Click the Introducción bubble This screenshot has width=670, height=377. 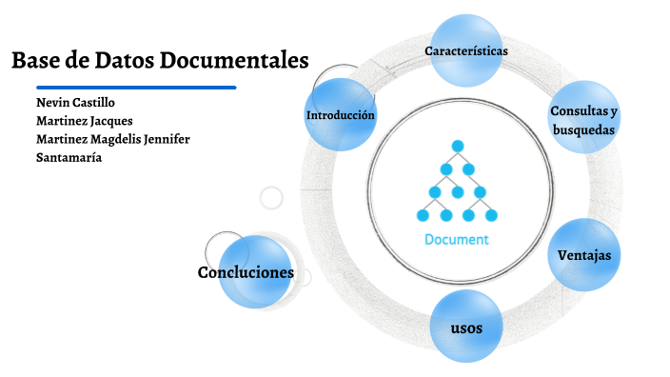[x=340, y=115]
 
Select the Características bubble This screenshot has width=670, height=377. [x=465, y=50]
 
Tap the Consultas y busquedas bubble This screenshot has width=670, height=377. [x=584, y=120]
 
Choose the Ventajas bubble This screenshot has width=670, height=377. [x=583, y=255]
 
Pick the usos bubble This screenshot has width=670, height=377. [x=465, y=327]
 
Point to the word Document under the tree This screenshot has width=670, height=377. [x=456, y=240]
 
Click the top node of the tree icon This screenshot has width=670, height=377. [x=457, y=146]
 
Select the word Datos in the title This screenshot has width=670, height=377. [x=123, y=61]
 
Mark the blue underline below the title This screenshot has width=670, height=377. [x=124, y=88]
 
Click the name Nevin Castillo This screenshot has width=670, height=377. [x=75, y=103]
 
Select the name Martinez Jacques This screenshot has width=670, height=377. [x=84, y=121]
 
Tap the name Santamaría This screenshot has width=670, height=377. [x=69, y=157]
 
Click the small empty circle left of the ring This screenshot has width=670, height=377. [x=271, y=198]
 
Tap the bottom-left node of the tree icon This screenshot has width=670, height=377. [x=423, y=215]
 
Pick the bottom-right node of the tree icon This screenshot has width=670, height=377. [x=491, y=215]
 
